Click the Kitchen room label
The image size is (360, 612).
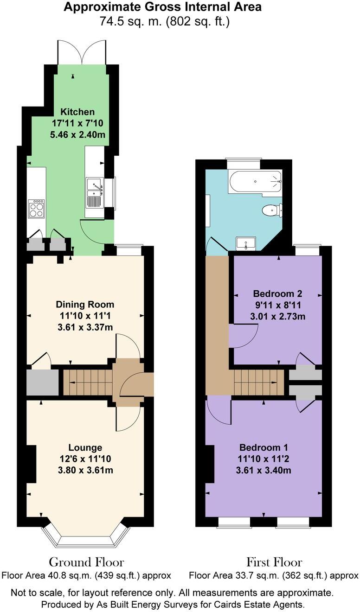[x=77, y=112]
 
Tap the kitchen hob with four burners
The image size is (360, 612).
[x=36, y=208]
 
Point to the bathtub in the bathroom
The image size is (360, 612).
[x=255, y=181]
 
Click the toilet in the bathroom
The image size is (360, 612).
[x=272, y=210]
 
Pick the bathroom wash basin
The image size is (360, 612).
[x=245, y=242]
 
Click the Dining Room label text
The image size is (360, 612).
[x=84, y=305]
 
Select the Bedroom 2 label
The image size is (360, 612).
[x=277, y=293]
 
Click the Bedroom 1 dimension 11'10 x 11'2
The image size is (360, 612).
[x=264, y=459]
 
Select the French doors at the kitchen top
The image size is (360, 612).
[x=82, y=52]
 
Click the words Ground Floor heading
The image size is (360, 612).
[x=86, y=562]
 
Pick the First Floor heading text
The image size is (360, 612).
[x=274, y=562]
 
